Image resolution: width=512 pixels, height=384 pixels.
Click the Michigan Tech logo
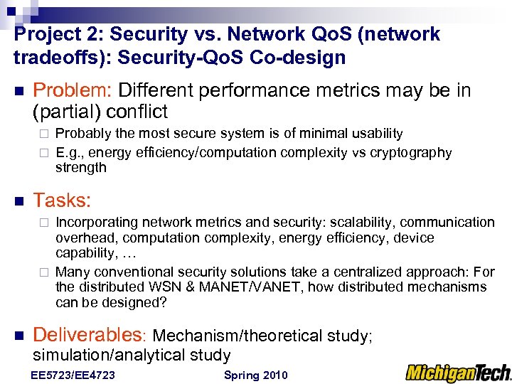point(458,372)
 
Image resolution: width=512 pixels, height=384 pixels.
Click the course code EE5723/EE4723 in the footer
point(73,375)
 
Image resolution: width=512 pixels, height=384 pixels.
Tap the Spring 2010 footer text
point(255,375)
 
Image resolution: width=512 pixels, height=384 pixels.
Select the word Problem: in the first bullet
point(73,91)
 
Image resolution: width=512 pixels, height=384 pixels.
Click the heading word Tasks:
point(63,201)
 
